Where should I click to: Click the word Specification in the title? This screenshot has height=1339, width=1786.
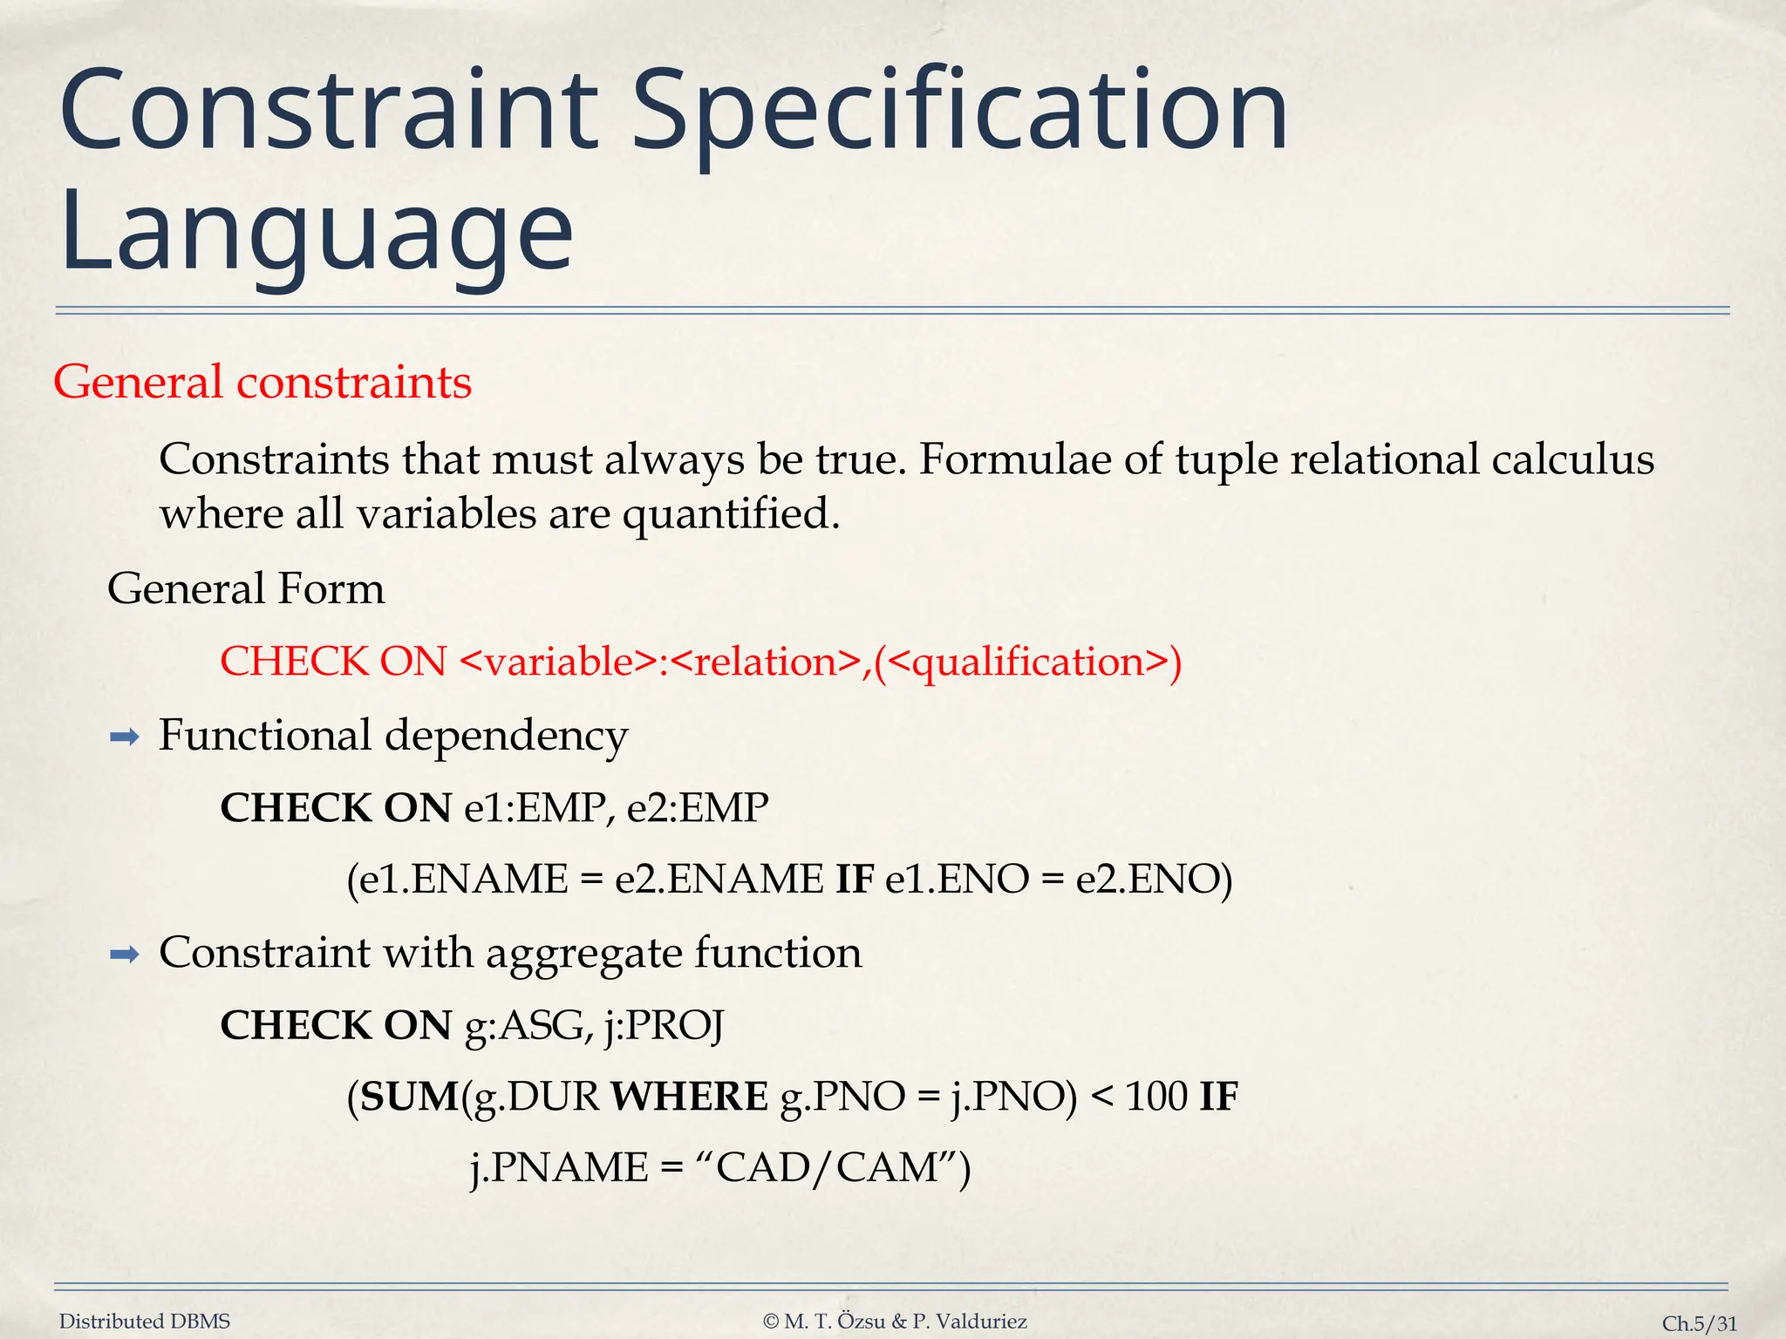pyautogui.click(x=959, y=113)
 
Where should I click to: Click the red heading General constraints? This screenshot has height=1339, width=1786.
pyautogui.click(x=262, y=382)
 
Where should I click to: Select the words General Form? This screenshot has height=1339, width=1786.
pyautogui.click(x=246, y=588)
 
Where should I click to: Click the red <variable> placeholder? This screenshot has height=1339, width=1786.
pyautogui.click(x=557, y=662)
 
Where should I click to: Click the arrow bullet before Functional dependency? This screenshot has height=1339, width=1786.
pyautogui.click(x=125, y=738)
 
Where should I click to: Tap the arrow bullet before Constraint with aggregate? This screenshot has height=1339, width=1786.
pyautogui.click(x=125, y=955)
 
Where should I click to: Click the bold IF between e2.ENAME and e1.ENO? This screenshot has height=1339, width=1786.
pyautogui.click(x=855, y=879)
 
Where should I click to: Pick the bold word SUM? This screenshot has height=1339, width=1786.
pyautogui.click(x=409, y=1097)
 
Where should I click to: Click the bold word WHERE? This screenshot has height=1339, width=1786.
pyautogui.click(x=690, y=1097)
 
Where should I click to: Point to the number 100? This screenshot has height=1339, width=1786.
pyautogui.click(x=1156, y=1097)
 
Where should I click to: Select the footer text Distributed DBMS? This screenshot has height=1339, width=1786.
pyautogui.click(x=145, y=1322)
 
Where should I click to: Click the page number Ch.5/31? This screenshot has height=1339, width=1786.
pyautogui.click(x=1699, y=1323)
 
